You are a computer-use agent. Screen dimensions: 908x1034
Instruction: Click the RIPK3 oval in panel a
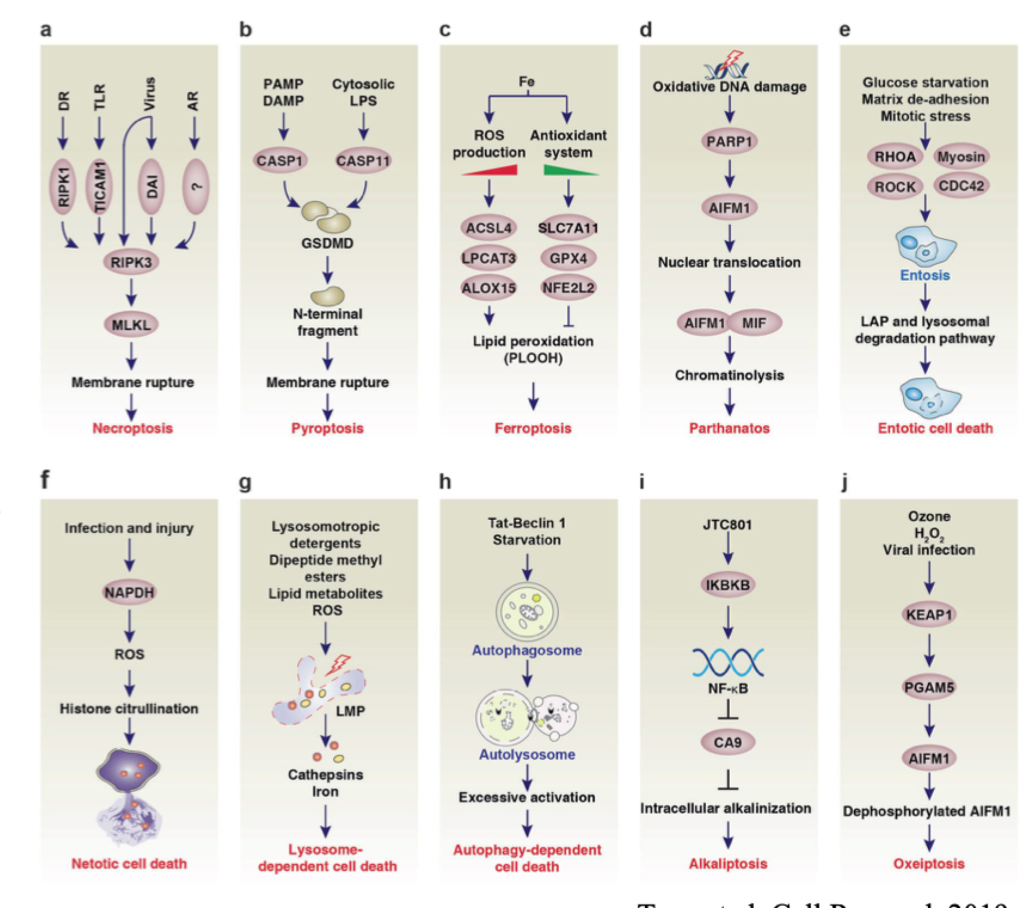131,262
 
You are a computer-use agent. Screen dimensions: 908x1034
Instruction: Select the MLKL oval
131,324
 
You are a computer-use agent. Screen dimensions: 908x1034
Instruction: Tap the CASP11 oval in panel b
362,161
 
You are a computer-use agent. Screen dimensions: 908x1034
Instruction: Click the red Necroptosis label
132,428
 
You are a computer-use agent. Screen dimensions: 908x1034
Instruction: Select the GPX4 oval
568,258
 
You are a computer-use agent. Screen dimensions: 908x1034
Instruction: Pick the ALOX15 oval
488,288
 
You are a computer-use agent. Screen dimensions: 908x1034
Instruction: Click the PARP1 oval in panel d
729,142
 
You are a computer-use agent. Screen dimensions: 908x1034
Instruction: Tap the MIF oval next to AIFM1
755,323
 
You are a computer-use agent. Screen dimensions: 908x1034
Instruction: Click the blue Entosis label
925,275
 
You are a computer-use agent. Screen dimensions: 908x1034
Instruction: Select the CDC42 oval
961,186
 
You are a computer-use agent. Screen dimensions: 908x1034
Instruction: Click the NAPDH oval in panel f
129,593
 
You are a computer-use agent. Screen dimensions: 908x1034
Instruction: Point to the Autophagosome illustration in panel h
527,611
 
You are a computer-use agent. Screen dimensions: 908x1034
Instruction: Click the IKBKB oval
728,585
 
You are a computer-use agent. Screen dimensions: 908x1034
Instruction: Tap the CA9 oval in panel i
728,743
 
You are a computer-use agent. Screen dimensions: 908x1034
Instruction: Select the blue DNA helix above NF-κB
728,662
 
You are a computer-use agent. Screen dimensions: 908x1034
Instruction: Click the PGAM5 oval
929,688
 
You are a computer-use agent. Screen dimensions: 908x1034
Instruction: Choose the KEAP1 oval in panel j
929,615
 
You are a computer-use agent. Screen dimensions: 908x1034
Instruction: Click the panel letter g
245,482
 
